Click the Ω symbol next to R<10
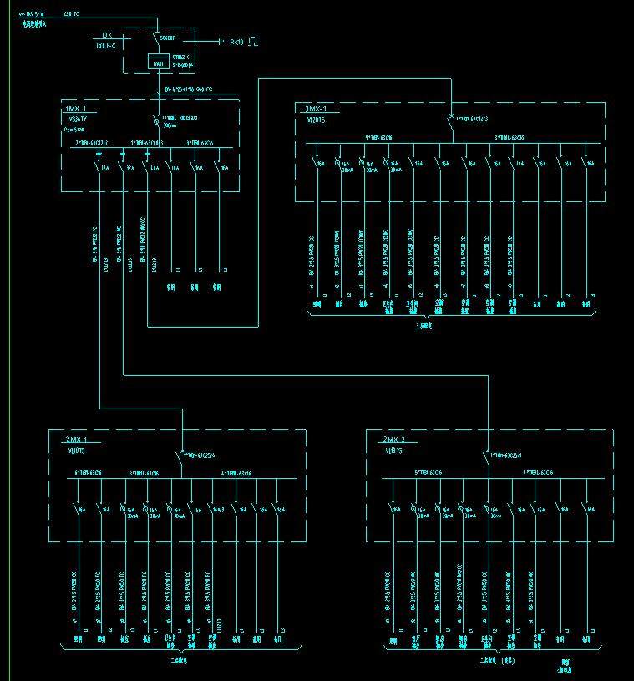253,41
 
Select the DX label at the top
106,35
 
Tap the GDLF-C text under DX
106,45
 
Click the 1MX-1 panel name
76,109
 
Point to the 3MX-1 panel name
316,109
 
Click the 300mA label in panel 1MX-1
170,125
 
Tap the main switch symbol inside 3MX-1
451,118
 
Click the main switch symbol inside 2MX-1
181,455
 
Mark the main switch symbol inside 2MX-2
486,455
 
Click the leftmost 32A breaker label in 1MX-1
105,167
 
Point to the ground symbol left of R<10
221,41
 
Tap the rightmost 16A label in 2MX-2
591,507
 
